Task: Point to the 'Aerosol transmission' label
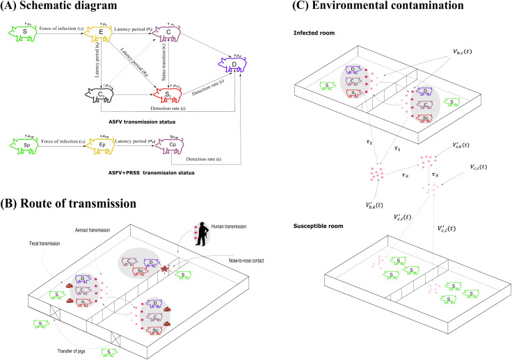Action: click(97, 229)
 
